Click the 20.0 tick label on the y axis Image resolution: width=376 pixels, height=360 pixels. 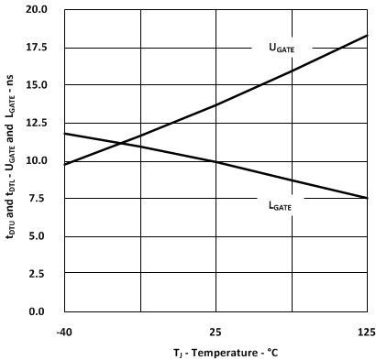click(37, 10)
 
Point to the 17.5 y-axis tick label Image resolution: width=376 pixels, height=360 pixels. click(37, 48)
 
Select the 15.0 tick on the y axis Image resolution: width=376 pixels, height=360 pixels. click(37, 85)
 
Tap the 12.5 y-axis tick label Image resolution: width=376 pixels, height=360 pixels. click(37, 123)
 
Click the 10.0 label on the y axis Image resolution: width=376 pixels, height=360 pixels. click(37, 161)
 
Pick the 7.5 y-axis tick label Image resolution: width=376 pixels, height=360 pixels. click(39, 199)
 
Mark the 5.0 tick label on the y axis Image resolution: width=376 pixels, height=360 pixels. click(39, 236)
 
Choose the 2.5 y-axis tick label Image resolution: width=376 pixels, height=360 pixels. click(39, 274)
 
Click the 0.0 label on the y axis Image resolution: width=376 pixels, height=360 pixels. click(39, 312)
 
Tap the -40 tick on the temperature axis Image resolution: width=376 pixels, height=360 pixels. click(63, 330)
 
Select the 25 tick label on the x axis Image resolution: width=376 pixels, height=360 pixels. click(216, 330)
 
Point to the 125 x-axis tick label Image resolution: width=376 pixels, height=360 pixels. click(366, 330)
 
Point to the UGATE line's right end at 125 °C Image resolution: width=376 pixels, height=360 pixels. click(367, 36)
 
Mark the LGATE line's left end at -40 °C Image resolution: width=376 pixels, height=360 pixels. click(64, 134)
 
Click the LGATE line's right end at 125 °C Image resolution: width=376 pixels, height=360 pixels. click(367, 198)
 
